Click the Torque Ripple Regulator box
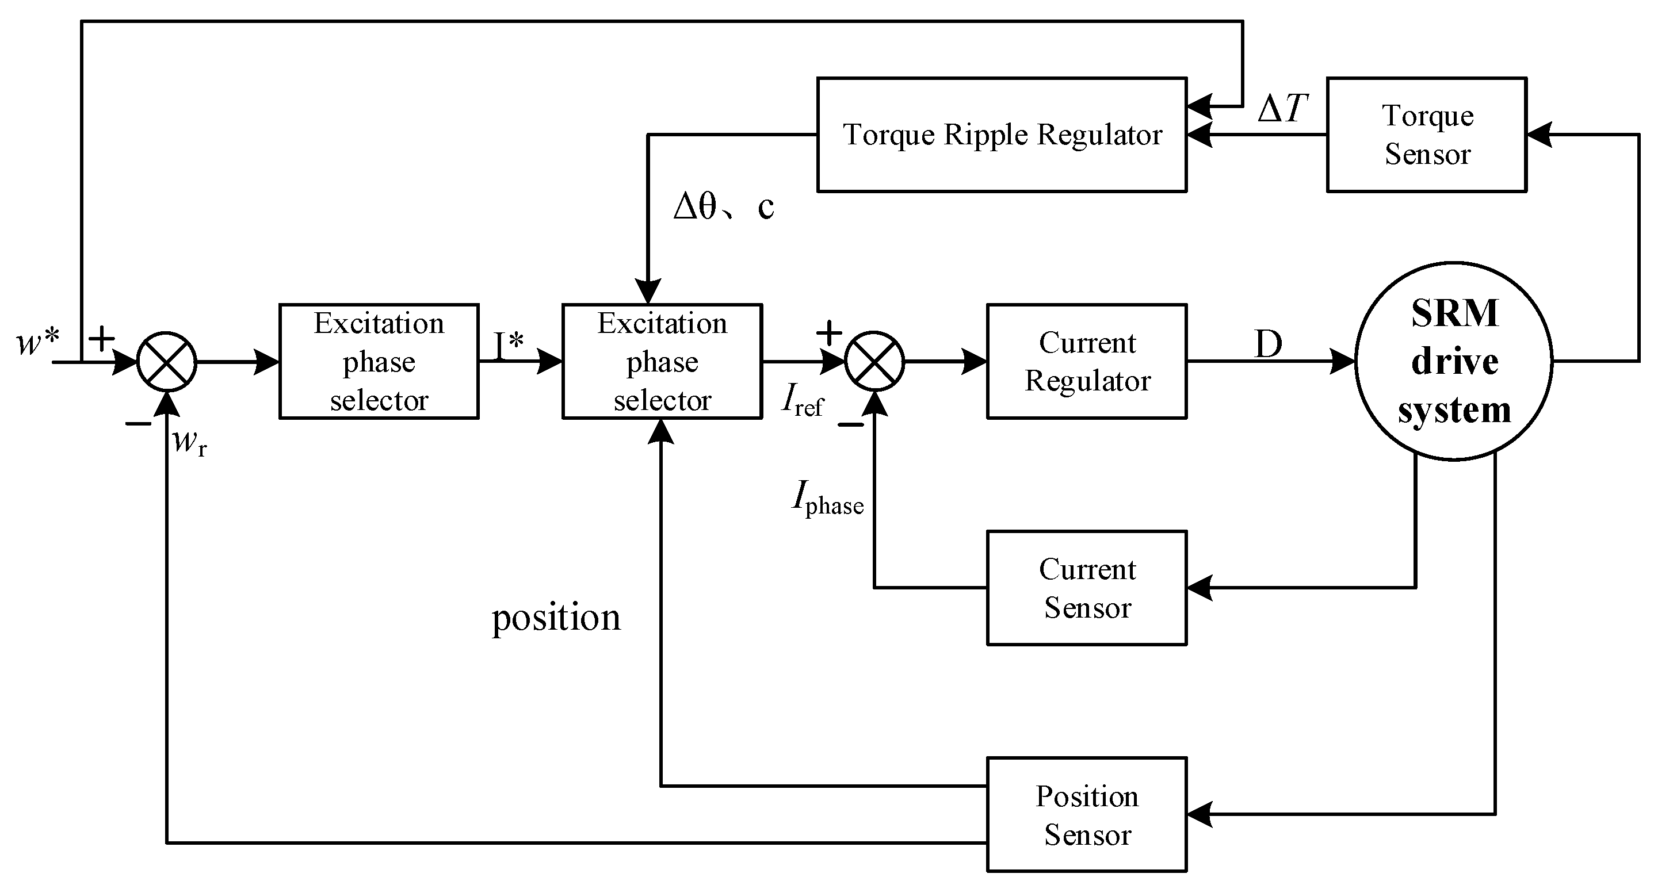(x=1001, y=135)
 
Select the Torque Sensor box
(x=1426, y=135)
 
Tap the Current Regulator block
(x=1086, y=361)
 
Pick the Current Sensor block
(x=1086, y=588)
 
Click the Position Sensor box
(x=1086, y=814)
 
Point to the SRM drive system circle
(x=1454, y=361)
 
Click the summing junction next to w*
(x=166, y=361)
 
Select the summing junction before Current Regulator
(x=874, y=361)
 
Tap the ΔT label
(x=1282, y=109)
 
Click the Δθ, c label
(x=723, y=206)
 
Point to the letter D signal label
(x=1267, y=344)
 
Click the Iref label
(x=803, y=401)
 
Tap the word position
(x=556, y=618)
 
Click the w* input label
(x=37, y=342)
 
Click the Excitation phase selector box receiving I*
(x=662, y=361)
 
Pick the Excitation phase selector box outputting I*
(x=379, y=361)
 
